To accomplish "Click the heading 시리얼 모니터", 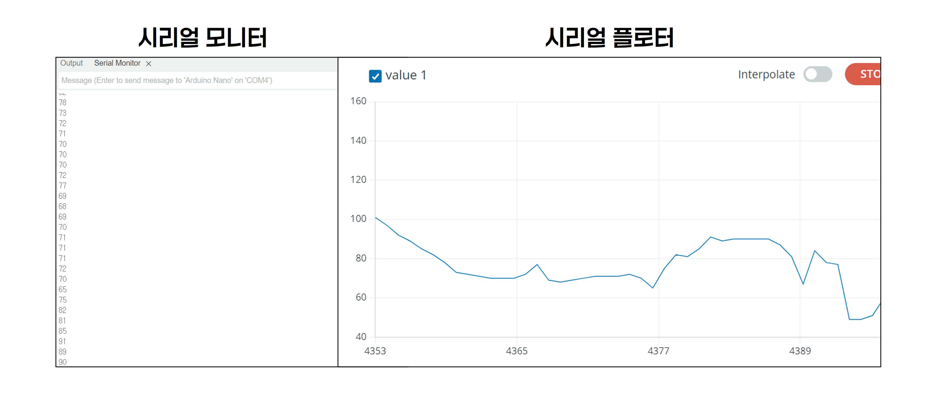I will click(202, 38).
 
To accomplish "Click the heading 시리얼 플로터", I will click(609, 38).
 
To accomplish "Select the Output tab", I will click(71, 63).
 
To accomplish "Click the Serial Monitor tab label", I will click(117, 63).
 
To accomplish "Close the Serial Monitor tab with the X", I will click(149, 64).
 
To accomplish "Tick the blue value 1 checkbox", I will click(375, 76).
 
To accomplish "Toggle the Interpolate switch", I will click(817, 74).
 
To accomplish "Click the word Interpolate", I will click(766, 74).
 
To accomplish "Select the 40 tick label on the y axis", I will click(361, 337).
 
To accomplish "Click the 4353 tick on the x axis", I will click(375, 351).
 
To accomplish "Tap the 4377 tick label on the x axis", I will click(658, 351).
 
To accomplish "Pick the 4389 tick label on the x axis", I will click(800, 351).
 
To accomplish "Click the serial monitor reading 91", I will click(62, 341).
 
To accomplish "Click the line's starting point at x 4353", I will click(376, 218).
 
